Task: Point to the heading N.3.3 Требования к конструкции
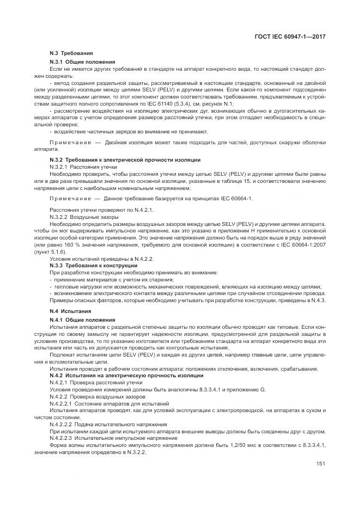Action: click(x=93, y=265)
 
